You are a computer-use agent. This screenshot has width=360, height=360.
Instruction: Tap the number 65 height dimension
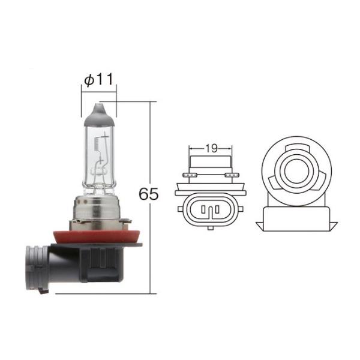pyautogui.click(x=148, y=194)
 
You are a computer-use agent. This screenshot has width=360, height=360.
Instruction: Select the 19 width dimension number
pyautogui.click(x=211, y=147)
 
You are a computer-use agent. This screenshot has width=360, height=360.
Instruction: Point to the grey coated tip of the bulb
pyautogui.click(x=98, y=115)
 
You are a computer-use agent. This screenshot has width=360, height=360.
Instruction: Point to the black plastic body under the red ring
pyautogui.click(x=99, y=264)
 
